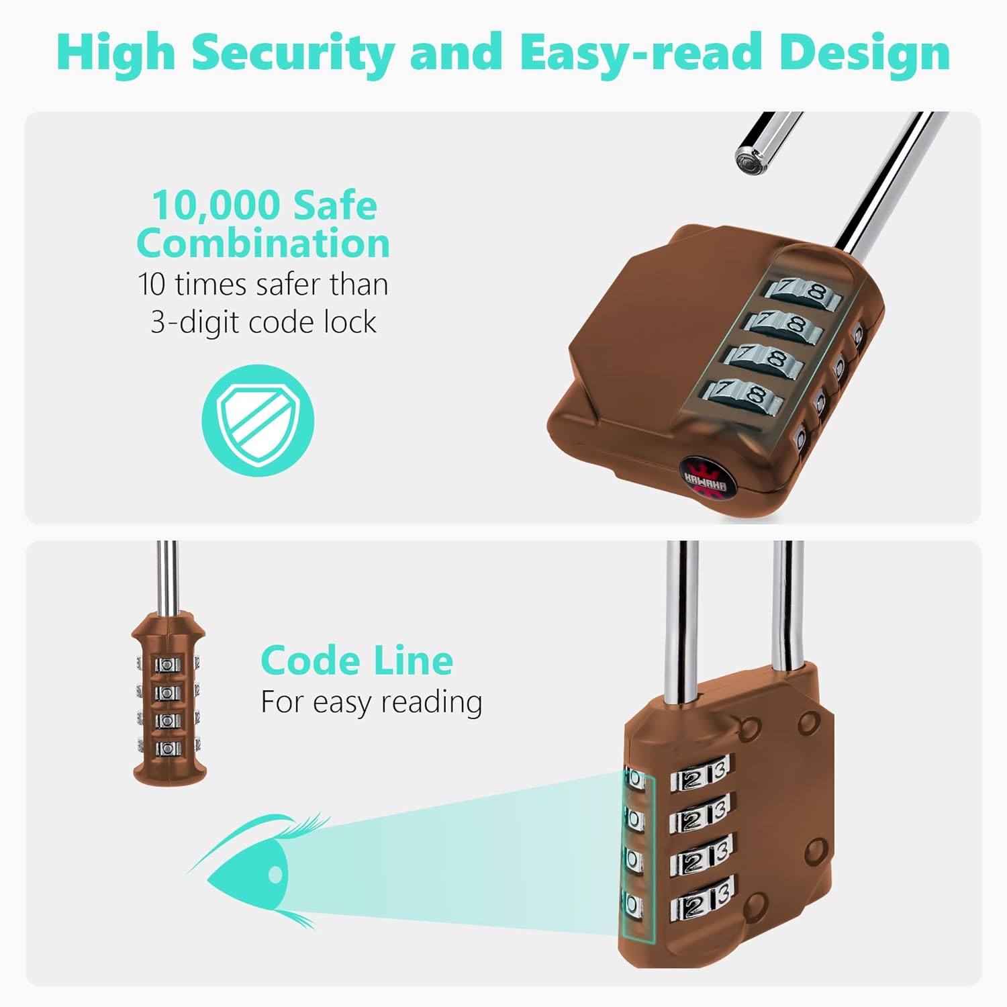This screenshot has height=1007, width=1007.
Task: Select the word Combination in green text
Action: coord(262,243)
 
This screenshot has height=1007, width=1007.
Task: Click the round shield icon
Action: coord(258,420)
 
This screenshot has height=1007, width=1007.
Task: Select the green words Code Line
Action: coord(356,661)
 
